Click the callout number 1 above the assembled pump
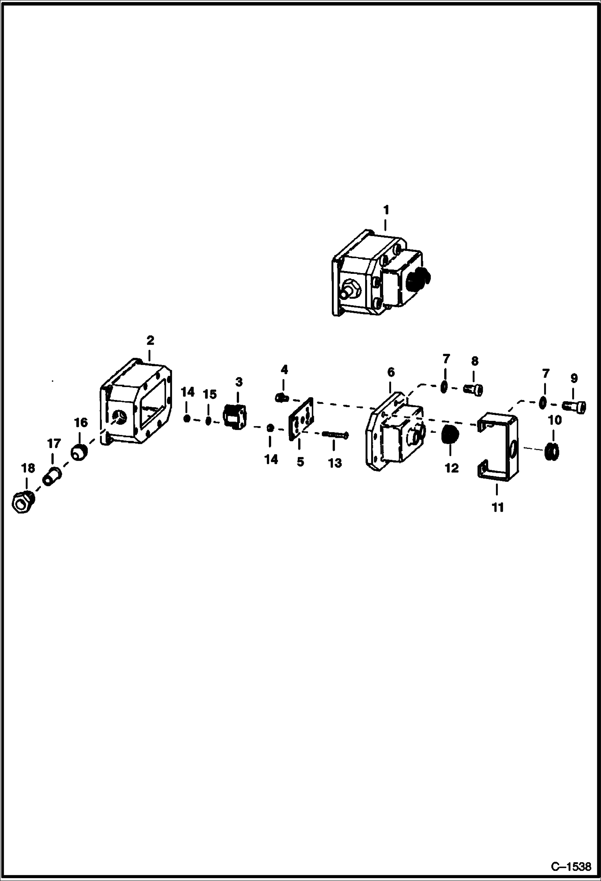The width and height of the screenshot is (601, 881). pyautogui.click(x=386, y=210)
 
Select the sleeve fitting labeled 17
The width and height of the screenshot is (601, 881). pyautogui.click(x=51, y=477)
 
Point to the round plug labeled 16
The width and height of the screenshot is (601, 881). pyautogui.click(x=79, y=453)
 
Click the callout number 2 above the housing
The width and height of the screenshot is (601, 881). pyautogui.click(x=150, y=341)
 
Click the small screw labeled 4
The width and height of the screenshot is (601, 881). pyautogui.click(x=282, y=398)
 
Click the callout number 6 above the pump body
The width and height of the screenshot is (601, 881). pyautogui.click(x=391, y=372)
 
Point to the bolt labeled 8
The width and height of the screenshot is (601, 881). pyautogui.click(x=474, y=390)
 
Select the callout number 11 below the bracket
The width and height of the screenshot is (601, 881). pyautogui.click(x=497, y=507)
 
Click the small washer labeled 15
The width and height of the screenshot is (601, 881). pyautogui.click(x=208, y=421)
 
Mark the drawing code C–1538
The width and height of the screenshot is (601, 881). pyautogui.click(x=571, y=867)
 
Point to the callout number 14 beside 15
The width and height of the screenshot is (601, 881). pyautogui.click(x=187, y=392)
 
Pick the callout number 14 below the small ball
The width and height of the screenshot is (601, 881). pyautogui.click(x=271, y=459)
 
